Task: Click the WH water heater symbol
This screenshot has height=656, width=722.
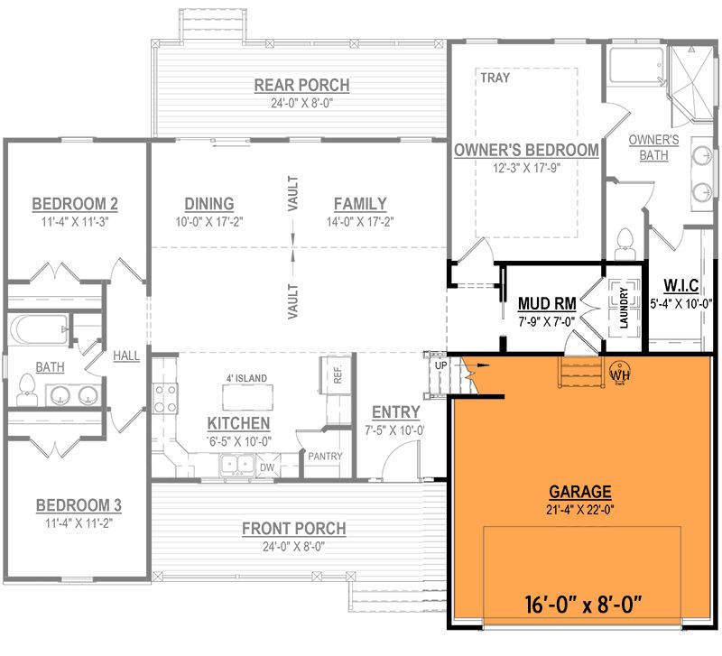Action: (x=619, y=373)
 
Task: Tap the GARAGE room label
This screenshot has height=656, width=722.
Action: (x=580, y=492)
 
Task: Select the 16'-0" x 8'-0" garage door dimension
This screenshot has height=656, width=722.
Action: (x=583, y=605)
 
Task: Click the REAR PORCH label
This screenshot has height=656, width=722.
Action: (x=301, y=85)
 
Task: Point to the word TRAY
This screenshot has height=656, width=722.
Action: (x=495, y=78)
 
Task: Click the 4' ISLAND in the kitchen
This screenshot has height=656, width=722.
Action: (x=247, y=397)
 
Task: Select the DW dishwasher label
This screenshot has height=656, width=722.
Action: (x=267, y=467)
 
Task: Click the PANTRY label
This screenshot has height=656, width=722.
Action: (x=325, y=457)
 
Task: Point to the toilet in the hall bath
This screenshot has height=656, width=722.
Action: (x=26, y=390)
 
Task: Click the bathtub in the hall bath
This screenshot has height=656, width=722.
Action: (x=38, y=329)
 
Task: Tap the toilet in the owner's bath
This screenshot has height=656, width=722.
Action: (x=625, y=244)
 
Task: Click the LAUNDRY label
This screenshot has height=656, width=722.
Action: (x=624, y=308)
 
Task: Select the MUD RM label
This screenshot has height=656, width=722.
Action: (x=547, y=304)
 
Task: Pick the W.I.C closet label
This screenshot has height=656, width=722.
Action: (x=681, y=285)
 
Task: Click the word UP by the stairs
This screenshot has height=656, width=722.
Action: (x=440, y=365)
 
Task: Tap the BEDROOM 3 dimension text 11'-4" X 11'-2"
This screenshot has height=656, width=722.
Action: (x=79, y=523)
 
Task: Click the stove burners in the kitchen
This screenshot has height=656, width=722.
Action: (x=165, y=398)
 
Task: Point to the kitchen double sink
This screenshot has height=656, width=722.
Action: (x=237, y=465)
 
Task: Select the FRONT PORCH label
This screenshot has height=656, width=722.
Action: (x=294, y=529)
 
